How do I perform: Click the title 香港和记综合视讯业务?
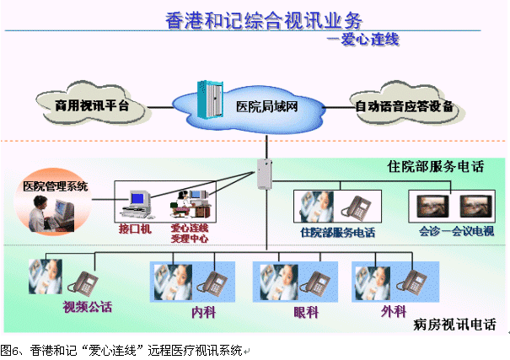click(x=254, y=19)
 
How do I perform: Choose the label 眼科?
click(x=306, y=311)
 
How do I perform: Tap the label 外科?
click(x=393, y=311)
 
